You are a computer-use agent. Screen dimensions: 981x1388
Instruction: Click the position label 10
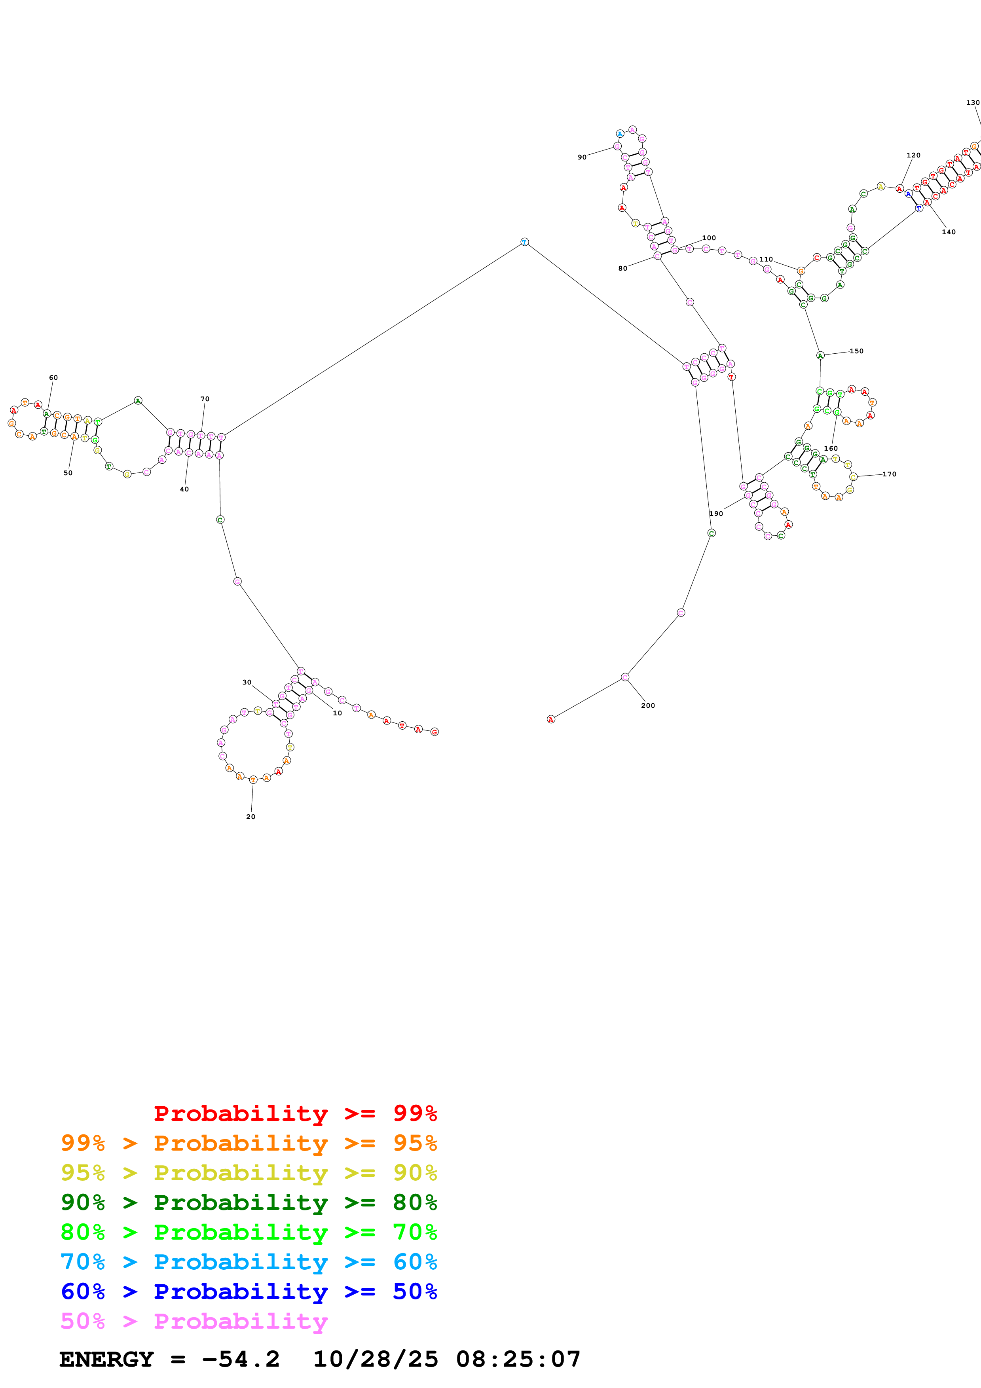click(337, 713)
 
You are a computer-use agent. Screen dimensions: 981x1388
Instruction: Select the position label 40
click(184, 489)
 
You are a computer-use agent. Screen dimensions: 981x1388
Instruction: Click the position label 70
click(205, 399)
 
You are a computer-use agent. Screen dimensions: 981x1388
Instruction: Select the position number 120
click(913, 155)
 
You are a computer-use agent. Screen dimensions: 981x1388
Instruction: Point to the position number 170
click(889, 474)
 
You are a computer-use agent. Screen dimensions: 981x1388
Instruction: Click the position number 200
click(648, 705)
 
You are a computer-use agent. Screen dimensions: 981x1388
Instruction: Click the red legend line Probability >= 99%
click(295, 1113)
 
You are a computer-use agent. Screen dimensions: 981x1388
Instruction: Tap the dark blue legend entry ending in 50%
click(249, 1291)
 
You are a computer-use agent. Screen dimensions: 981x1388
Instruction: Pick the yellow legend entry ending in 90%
click(249, 1173)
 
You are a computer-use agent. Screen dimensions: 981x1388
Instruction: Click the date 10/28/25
click(376, 1360)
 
